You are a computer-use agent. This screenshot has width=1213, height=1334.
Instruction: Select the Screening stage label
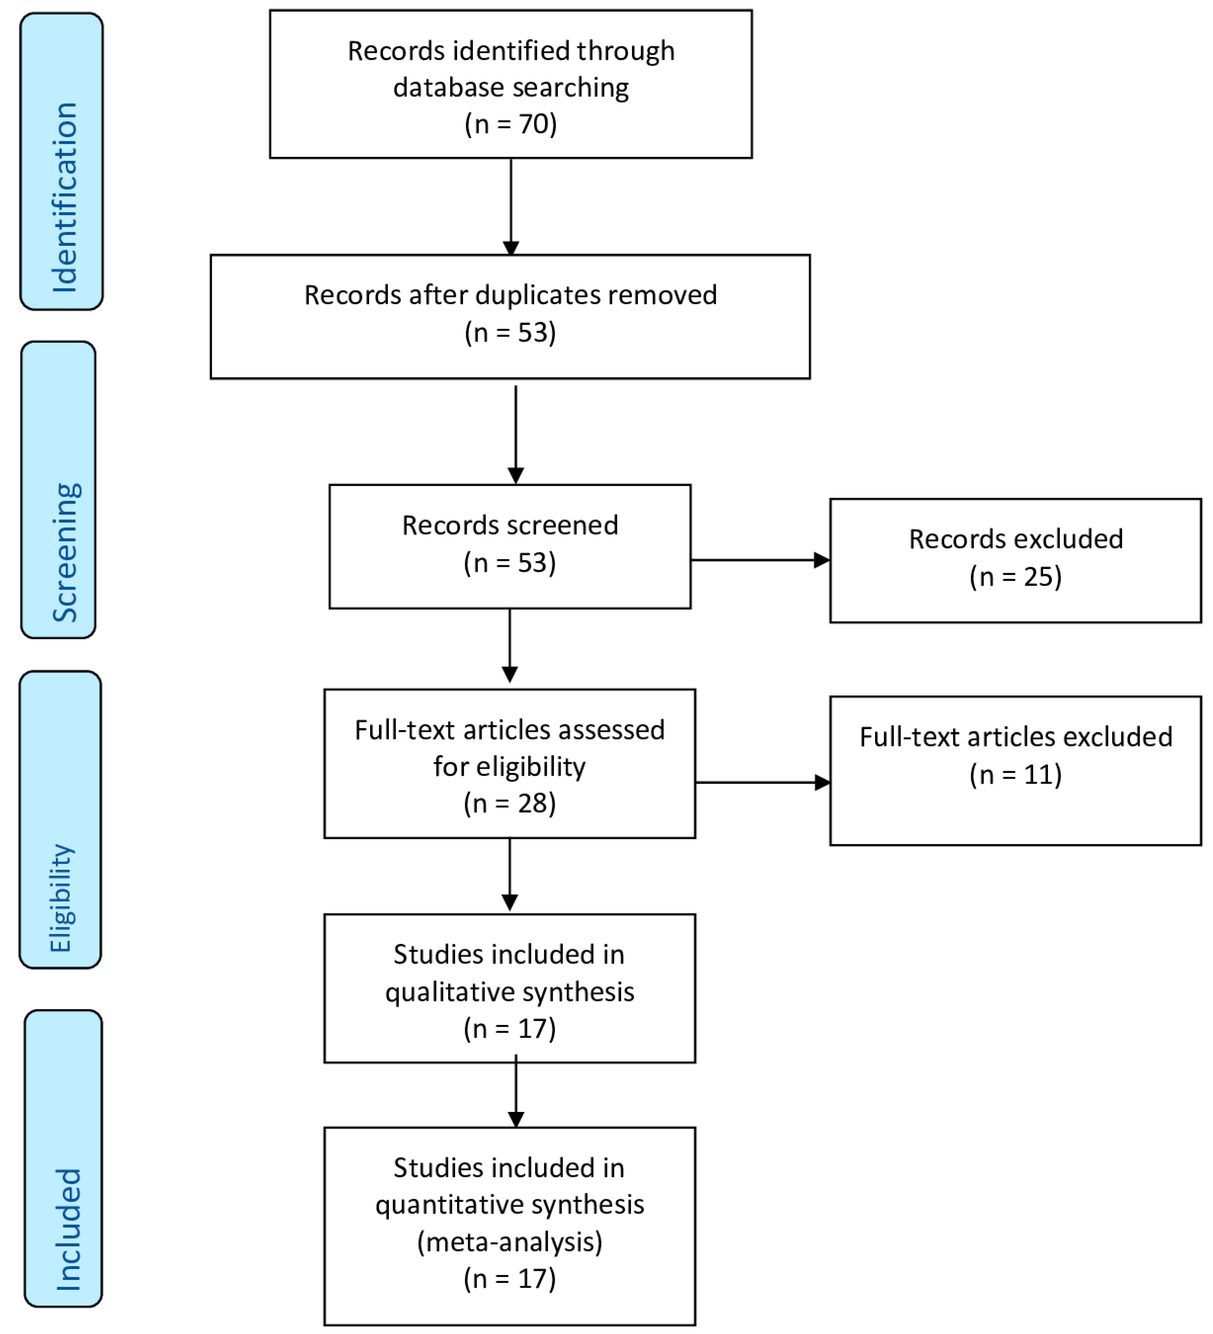point(65,553)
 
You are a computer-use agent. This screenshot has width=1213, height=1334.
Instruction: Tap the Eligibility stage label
point(61,898)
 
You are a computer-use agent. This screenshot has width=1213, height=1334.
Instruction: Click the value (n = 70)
point(510,124)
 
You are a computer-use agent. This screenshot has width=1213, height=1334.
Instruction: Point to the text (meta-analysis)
point(509,1242)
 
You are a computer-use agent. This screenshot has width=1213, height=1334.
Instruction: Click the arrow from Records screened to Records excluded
point(760,560)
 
